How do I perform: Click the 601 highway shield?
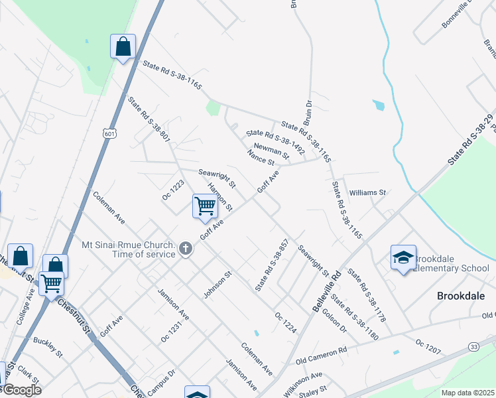[x=109, y=133]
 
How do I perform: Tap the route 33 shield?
[x=473, y=347]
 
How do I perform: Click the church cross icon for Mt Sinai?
[x=186, y=249]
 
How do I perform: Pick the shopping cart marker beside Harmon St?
[x=205, y=206]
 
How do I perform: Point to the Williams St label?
[x=368, y=192]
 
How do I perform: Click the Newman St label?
[x=271, y=151]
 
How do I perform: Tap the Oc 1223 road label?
[x=172, y=189]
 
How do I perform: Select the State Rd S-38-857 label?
[x=272, y=265]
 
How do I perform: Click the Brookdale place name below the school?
[x=462, y=295]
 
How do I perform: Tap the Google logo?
[x=21, y=390]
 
